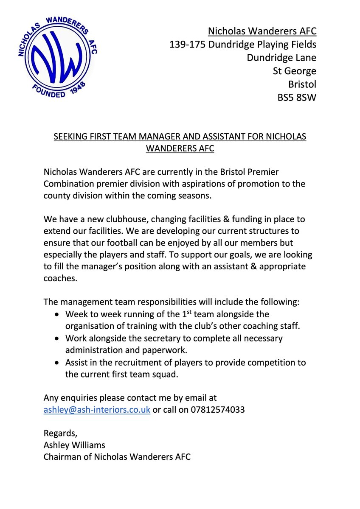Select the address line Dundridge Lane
281,57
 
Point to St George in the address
295,71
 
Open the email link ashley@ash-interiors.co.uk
97,410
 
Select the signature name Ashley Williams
75,445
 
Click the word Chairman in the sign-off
61,457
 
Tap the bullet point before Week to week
58,315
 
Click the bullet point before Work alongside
58,339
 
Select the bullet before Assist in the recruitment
58,363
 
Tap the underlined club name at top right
262,31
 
